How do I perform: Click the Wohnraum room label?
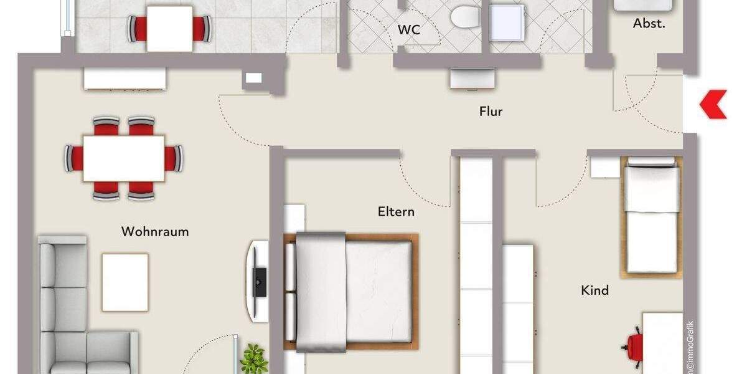[x=155, y=232]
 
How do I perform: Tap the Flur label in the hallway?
[x=491, y=112]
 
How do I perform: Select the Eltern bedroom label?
[x=396, y=211]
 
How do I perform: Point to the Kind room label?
[x=594, y=290]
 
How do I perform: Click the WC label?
[x=408, y=29]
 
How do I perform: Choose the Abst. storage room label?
[x=649, y=24]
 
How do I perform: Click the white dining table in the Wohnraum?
[x=124, y=158]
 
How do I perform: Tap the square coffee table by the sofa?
[x=125, y=282]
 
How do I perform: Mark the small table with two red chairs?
[x=169, y=28]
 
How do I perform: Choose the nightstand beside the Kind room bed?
[x=604, y=166]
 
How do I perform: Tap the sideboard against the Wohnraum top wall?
[x=125, y=79]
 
